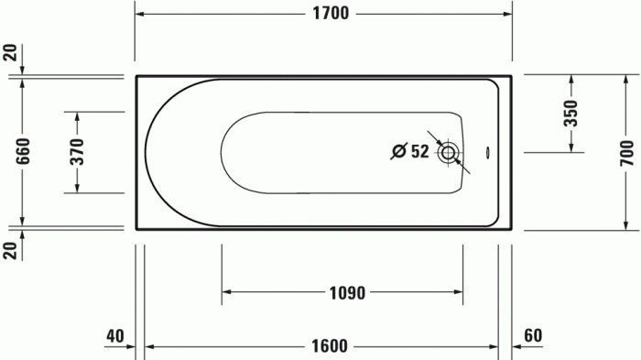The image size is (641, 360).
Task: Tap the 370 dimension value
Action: point(77,152)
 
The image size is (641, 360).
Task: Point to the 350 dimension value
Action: point(571,114)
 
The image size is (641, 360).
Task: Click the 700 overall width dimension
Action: point(625,152)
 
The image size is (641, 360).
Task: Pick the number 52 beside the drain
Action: point(419,152)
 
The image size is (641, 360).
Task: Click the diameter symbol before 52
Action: point(398,152)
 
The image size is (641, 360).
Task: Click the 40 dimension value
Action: point(114,336)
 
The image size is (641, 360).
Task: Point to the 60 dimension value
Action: point(535,336)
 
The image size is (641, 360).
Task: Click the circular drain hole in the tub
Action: point(449,153)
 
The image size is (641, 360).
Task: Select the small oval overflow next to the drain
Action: point(487,153)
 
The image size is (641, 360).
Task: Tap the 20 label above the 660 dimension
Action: point(10,52)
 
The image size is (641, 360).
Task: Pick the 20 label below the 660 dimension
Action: point(10,249)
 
